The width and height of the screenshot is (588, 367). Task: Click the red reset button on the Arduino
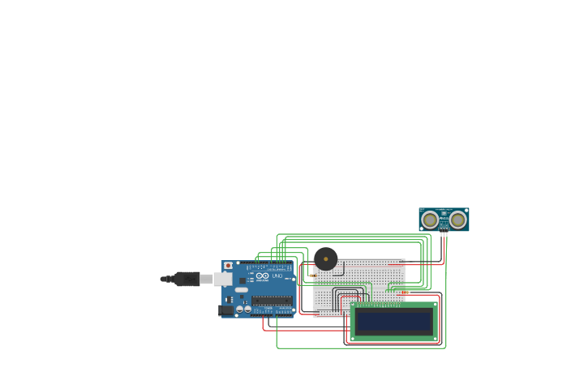click(228, 265)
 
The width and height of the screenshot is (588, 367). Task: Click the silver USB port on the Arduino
click(221, 279)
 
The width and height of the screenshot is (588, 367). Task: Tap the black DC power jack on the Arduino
click(225, 309)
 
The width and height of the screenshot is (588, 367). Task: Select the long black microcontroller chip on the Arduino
click(272, 301)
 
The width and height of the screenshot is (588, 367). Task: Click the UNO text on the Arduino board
click(277, 276)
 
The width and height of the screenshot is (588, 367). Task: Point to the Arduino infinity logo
click(263, 276)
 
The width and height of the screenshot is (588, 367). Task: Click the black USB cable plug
click(187, 279)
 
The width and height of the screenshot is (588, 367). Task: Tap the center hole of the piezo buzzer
click(326, 259)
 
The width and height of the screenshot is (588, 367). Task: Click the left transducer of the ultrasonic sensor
click(431, 220)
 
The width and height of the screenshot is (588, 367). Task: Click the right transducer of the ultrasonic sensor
click(458, 220)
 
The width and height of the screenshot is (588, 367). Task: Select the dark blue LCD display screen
click(394, 322)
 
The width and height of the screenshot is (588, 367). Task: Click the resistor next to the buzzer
click(312, 275)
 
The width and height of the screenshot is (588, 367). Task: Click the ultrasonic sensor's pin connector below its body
click(444, 234)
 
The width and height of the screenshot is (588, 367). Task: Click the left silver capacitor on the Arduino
click(240, 308)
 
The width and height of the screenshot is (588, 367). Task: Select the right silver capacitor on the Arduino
click(247, 308)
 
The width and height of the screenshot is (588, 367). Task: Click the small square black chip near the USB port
click(242, 280)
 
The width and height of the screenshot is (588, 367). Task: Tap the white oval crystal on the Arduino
click(242, 289)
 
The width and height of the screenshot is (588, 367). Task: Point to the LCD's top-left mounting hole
click(354, 306)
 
